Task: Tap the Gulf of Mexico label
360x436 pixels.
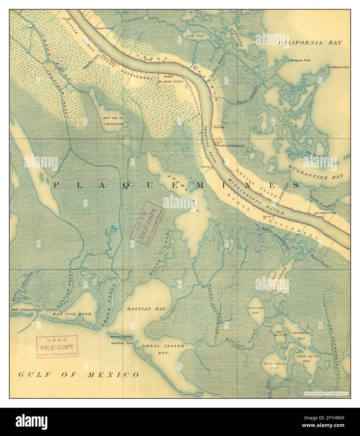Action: point(78,375)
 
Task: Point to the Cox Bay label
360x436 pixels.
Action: point(195,36)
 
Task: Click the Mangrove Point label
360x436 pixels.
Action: point(300,60)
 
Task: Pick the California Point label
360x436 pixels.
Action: point(339,67)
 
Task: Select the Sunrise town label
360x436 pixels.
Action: point(206,167)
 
